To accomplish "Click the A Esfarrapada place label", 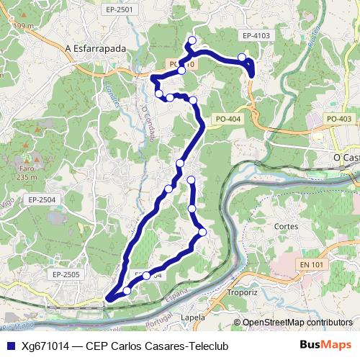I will pyautogui.click(x=95, y=48).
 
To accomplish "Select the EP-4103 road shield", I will pyautogui.click(x=256, y=35).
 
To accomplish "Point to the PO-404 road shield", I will pyautogui.click(x=228, y=119).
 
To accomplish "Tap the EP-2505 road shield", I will pyautogui.click(x=66, y=274).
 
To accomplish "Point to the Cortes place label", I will pyautogui.click(x=286, y=225).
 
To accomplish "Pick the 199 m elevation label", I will pyautogui.click(x=22, y=27).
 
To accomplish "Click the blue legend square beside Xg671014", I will pyautogui.click(x=10, y=345).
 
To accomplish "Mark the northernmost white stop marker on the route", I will pyautogui.click(x=192, y=40).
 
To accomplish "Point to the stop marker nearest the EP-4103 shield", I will pyautogui.click(x=242, y=57).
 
